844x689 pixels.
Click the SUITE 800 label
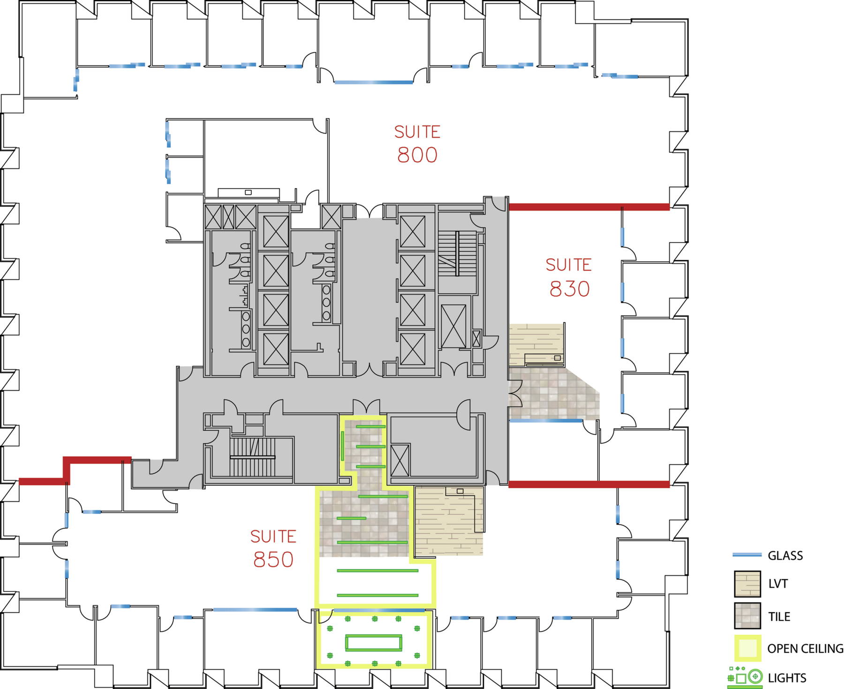point(417,144)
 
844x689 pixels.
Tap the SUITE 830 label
point(569,277)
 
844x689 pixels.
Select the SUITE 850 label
point(273,549)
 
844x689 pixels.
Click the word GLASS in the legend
point(785,556)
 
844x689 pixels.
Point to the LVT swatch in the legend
point(747,584)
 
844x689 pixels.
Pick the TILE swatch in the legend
point(747,616)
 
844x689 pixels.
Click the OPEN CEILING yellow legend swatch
point(747,648)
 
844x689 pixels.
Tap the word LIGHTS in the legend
point(787,678)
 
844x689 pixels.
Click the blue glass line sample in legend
point(747,555)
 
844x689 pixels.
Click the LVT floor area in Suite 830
point(536,345)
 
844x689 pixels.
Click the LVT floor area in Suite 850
point(449,521)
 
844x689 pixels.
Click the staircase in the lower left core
point(252,457)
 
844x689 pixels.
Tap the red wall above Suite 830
point(589,207)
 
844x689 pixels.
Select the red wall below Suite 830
point(589,485)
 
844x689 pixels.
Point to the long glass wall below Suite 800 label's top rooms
point(374,83)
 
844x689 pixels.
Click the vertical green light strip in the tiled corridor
point(343,446)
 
